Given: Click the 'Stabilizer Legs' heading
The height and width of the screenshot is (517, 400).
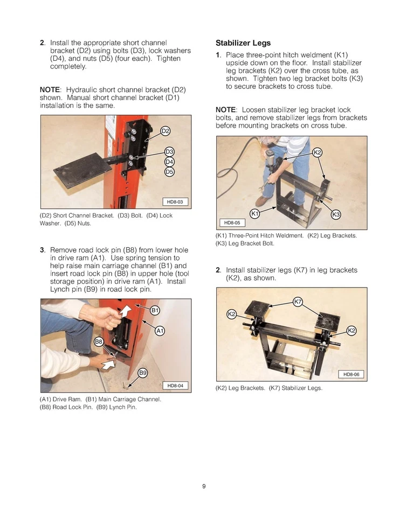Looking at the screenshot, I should [243, 43].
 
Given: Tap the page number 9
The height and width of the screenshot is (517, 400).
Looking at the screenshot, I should [204, 487].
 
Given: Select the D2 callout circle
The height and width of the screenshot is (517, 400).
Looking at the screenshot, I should [165, 131].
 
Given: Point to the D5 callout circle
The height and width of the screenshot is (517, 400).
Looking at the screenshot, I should [169, 172].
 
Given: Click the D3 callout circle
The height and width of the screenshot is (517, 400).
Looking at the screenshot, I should [169, 152].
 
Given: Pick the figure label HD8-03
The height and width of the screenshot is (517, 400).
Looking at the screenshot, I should [175, 202].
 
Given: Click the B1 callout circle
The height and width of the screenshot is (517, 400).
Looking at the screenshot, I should [155, 310].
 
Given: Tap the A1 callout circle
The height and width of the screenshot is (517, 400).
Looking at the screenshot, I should [160, 331].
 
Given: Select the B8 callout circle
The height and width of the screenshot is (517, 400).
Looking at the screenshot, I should [99, 341].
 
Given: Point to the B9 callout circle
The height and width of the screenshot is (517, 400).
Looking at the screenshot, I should [143, 373].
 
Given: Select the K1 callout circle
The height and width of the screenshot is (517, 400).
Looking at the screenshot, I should [256, 214].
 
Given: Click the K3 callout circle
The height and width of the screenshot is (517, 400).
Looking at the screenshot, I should [336, 214].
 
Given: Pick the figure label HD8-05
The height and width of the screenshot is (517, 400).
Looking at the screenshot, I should [232, 222].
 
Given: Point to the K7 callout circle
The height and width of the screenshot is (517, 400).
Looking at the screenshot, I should [298, 301].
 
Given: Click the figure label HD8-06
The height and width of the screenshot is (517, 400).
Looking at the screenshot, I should [351, 374].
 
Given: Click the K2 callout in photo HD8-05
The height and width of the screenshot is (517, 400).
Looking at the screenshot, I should [318, 152].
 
